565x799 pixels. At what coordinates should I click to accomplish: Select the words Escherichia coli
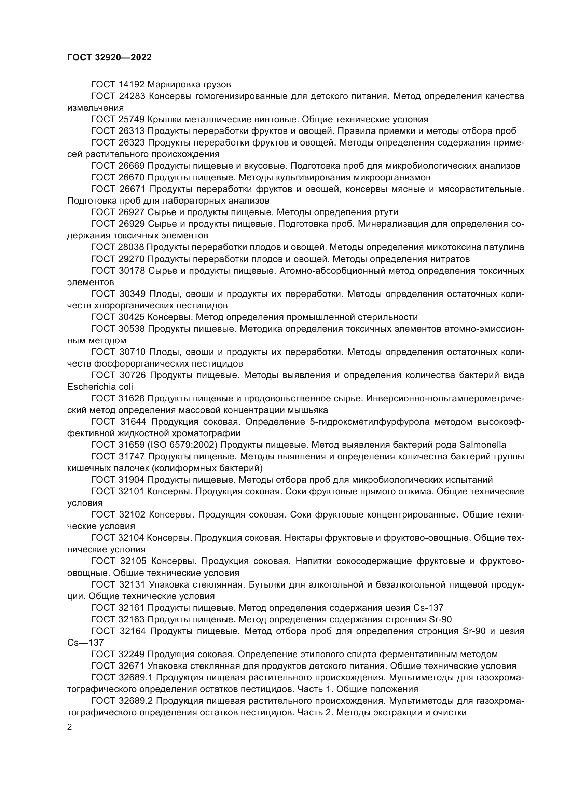coord(100,387)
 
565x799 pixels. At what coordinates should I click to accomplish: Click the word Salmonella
coord(483,445)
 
